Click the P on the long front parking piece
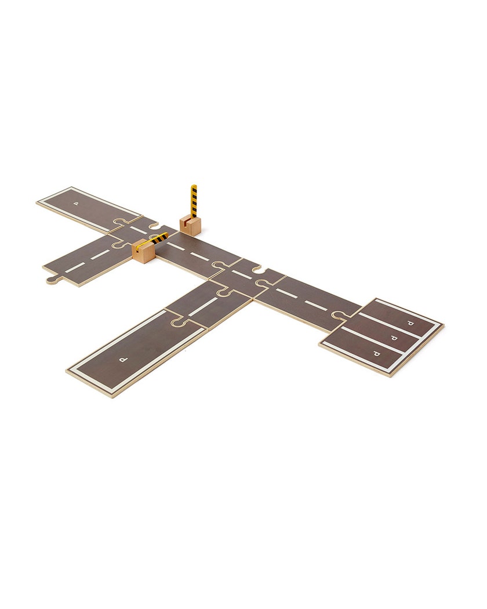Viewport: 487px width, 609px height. pyautogui.click(x=123, y=360)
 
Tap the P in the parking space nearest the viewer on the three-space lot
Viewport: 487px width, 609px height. pyautogui.click(x=376, y=353)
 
